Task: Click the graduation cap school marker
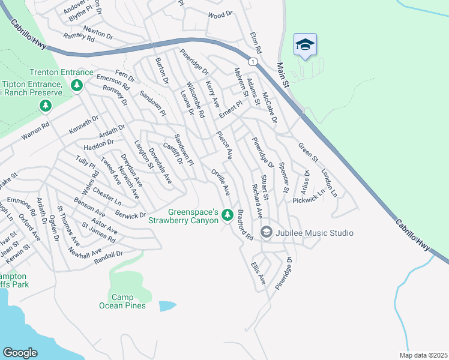(x=305, y=45)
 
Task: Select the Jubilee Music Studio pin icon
(x=266, y=232)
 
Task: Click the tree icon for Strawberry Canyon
(x=227, y=214)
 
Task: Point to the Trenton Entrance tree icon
(x=76, y=86)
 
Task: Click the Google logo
(x=20, y=353)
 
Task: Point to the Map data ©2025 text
(x=423, y=355)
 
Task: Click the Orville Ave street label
(x=220, y=182)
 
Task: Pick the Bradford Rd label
(x=246, y=226)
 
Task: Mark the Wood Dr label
(x=220, y=14)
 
